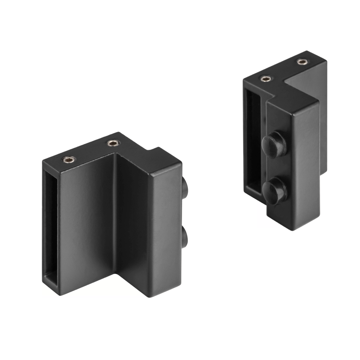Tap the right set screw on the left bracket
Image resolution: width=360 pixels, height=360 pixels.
click(113, 144)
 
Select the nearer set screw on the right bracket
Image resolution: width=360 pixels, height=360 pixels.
click(265, 78)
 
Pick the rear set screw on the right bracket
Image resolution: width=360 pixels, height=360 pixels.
click(302, 62)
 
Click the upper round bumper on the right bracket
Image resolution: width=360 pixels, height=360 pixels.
click(274, 144)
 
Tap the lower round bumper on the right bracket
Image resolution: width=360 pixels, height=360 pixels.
click(273, 191)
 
